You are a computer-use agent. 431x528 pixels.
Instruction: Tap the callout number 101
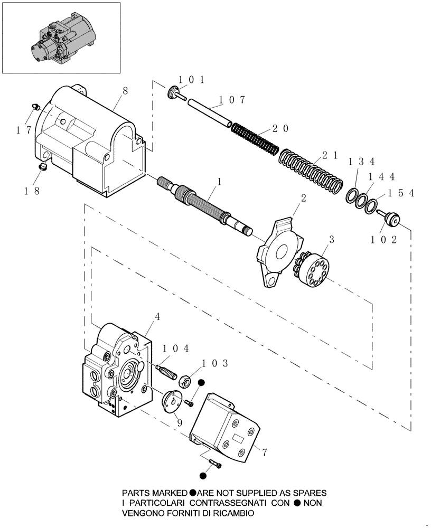191,80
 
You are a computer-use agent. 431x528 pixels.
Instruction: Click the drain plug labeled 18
44,167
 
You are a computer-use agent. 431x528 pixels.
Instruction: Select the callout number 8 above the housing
125,90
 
